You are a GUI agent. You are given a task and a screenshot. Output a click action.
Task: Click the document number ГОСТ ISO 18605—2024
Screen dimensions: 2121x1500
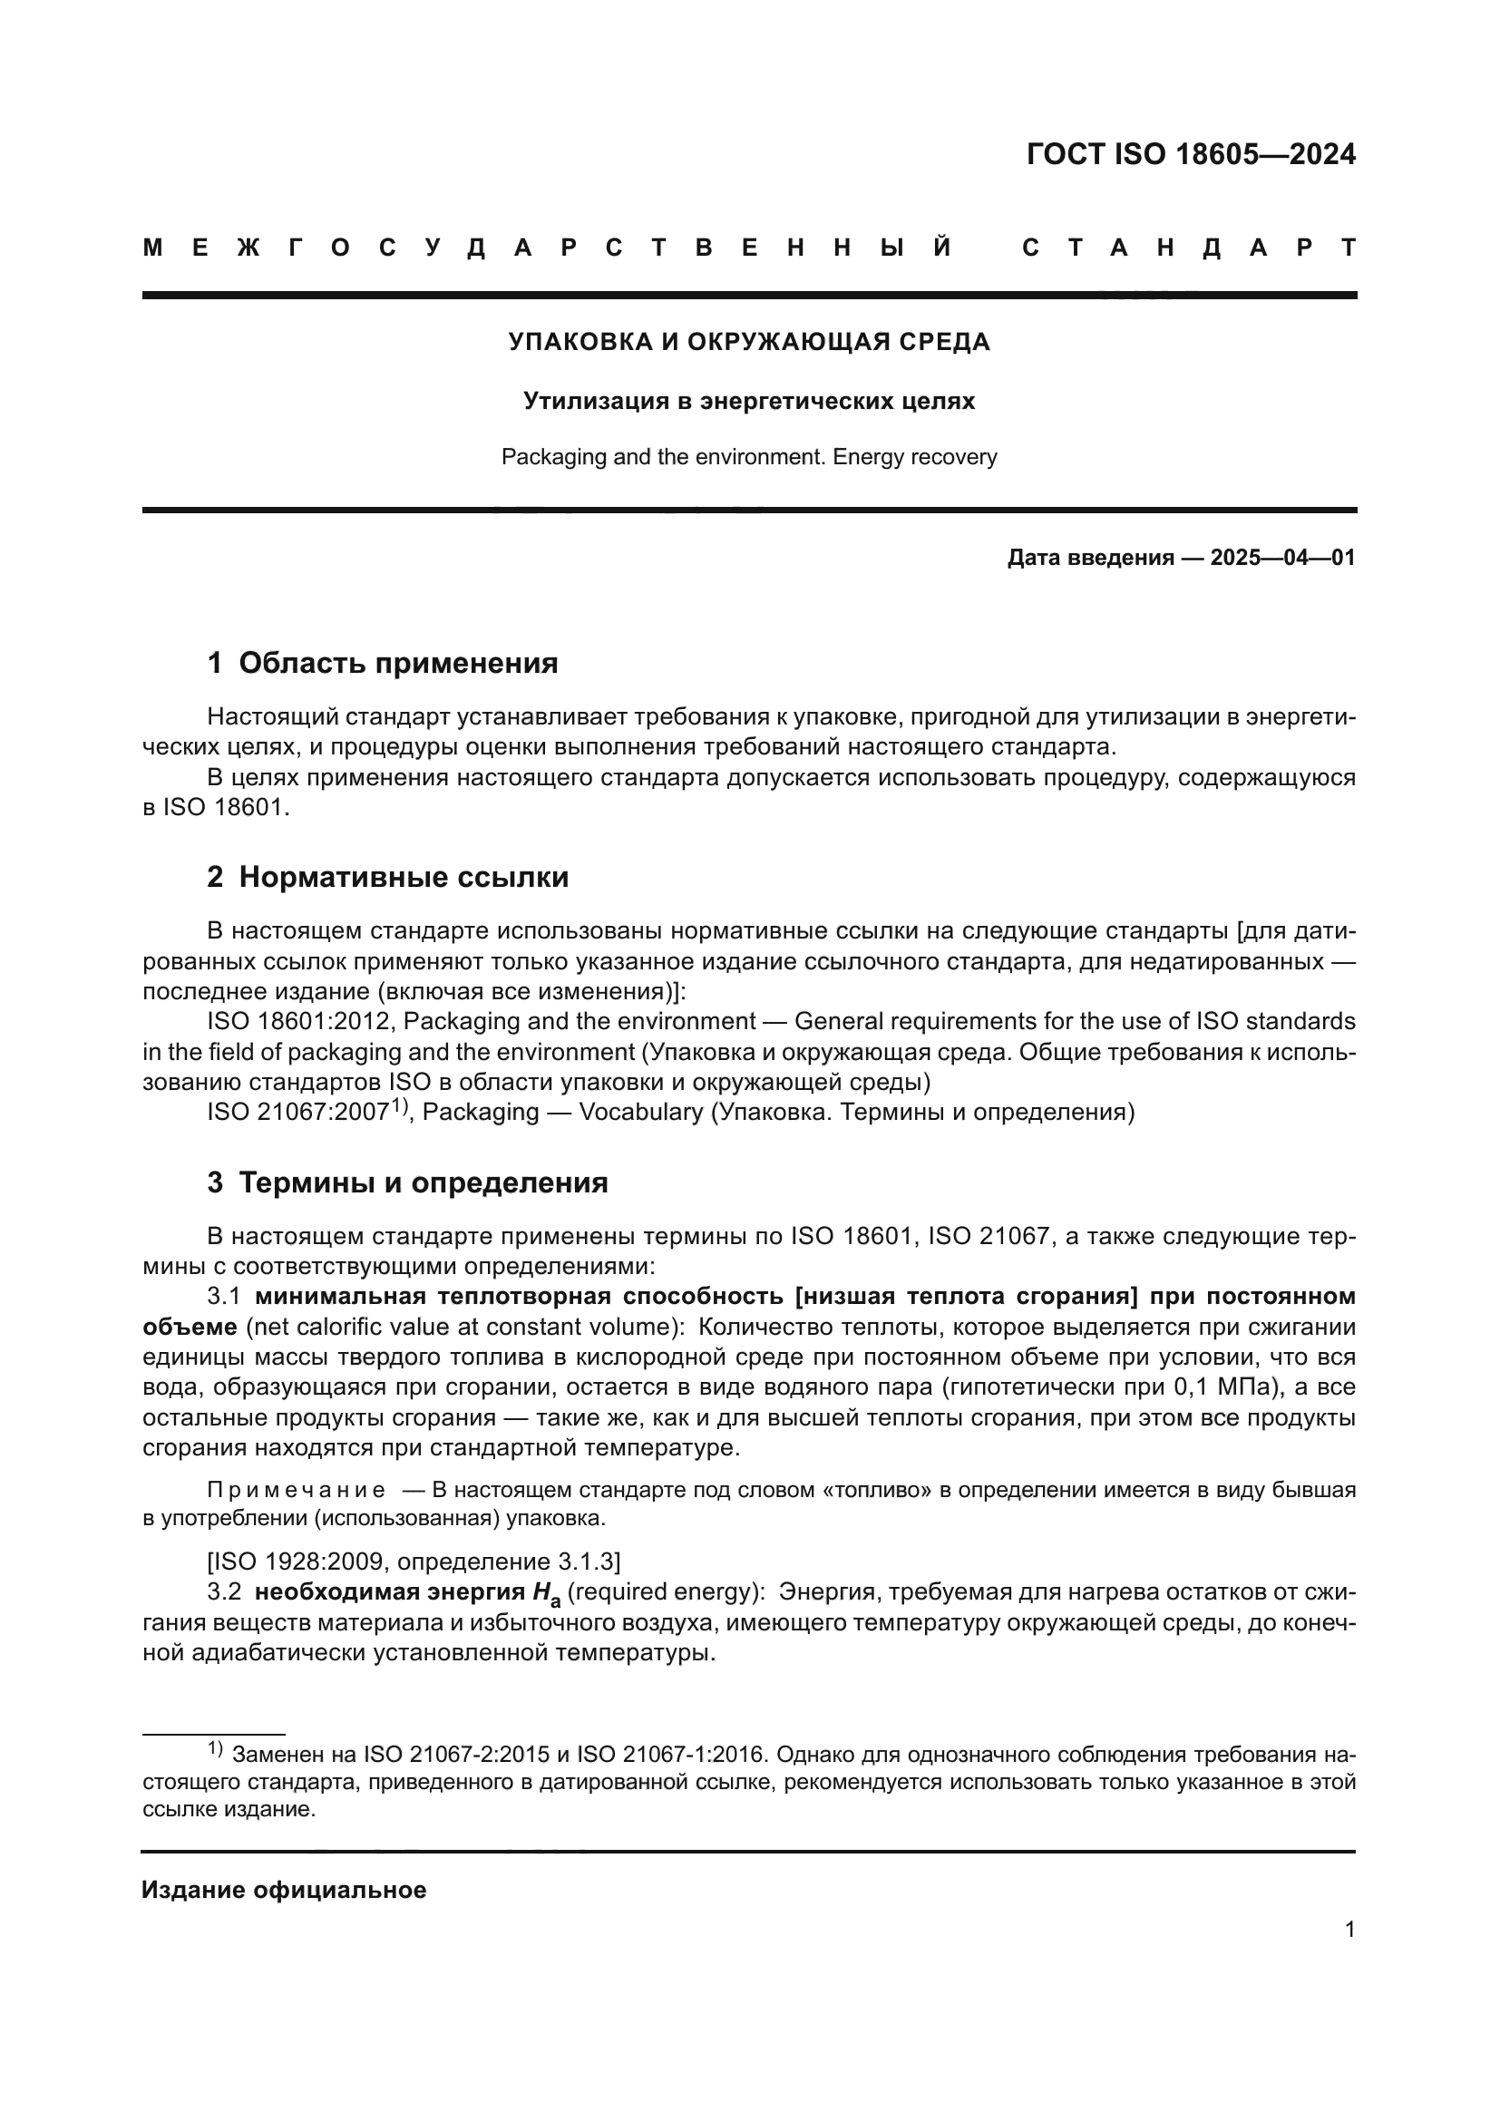(x=1191, y=154)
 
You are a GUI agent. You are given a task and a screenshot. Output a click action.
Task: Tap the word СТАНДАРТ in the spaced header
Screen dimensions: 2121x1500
(x=1190, y=248)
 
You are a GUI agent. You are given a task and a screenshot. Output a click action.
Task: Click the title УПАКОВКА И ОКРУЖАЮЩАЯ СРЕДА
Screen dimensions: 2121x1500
(x=749, y=342)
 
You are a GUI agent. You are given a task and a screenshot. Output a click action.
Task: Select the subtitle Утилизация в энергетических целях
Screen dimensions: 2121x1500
(x=749, y=401)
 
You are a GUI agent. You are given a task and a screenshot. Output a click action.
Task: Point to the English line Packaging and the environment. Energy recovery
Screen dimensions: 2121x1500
(x=749, y=457)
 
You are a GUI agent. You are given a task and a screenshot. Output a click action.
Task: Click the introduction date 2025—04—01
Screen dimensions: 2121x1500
(x=1282, y=558)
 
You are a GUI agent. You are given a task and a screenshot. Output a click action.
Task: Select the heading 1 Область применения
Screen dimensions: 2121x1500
(x=383, y=663)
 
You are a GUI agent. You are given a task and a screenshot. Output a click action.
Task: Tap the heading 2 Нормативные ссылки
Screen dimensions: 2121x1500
(x=388, y=877)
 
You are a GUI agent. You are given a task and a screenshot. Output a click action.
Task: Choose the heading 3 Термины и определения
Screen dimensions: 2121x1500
(x=407, y=1182)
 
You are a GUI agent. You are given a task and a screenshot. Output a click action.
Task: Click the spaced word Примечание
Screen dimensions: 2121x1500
(x=297, y=1490)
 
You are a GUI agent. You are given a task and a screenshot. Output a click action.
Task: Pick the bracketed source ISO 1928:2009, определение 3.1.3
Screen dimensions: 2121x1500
(x=414, y=1562)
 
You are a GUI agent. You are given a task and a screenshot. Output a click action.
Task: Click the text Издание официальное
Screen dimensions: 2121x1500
(x=285, y=1890)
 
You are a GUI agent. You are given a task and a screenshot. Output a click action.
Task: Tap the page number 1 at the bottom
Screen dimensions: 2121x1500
(x=1349, y=1930)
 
